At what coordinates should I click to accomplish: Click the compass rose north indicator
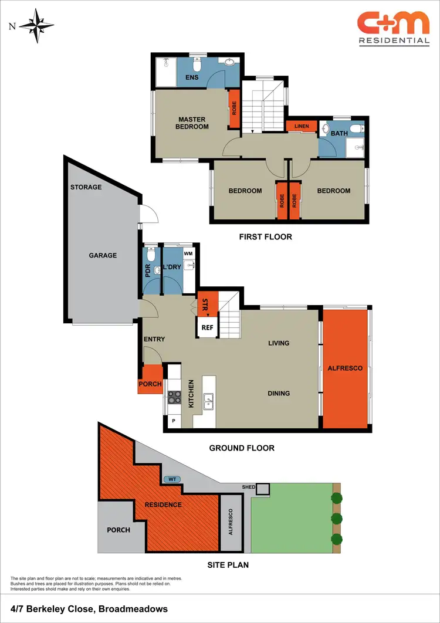pos(36,25)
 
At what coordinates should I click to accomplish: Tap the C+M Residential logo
pos(394,29)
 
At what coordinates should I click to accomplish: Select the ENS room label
pos(192,77)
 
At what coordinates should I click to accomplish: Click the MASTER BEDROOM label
pos(192,123)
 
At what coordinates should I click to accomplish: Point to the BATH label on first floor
pos(339,133)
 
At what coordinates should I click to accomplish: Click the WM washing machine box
pos(188,253)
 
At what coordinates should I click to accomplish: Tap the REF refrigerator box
pos(207,328)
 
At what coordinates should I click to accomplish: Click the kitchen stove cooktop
pos(175,397)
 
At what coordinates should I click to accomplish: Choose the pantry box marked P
pos(174,421)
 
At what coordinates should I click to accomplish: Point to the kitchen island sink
pos(208,401)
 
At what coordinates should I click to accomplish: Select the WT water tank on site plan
pos(172,479)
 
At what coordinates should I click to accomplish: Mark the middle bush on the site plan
pos(336,519)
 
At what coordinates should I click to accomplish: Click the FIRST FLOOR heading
pos(265,237)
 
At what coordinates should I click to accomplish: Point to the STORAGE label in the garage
pos(86,187)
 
